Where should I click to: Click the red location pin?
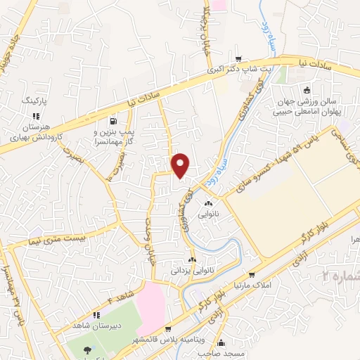pyautogui.click(x=181, y=165)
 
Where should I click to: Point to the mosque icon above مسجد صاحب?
pyautogui.click(x=222, y=343)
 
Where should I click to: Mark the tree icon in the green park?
pyautogui.click(x=86, y=350)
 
